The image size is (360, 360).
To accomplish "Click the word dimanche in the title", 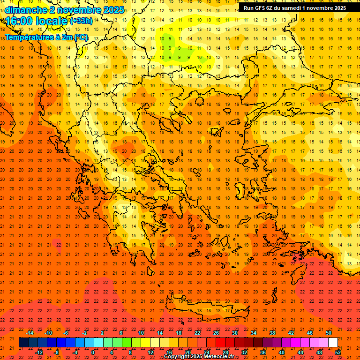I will [x=26, y=10].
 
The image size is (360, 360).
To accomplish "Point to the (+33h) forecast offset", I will [x=81, y=21].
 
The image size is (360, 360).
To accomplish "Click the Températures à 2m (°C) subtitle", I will [x=46, y=37].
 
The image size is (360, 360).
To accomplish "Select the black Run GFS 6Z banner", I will [x=294, y=8].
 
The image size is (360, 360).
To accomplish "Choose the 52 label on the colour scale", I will [x=338, y=352].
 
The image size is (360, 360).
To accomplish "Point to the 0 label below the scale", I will [x=93, y=352].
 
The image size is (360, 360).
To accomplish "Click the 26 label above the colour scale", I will [x=216, y=333].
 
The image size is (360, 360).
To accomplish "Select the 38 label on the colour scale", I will [x=272, y=333].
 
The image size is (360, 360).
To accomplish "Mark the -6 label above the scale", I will [x=66, y=333].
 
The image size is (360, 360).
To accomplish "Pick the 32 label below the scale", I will [x=244, y=352].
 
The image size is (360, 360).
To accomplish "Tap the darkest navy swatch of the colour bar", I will [x=24, y=343].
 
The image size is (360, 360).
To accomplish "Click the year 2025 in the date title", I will [x=112, y=10].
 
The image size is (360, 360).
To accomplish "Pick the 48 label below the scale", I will [x=319, y=352].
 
